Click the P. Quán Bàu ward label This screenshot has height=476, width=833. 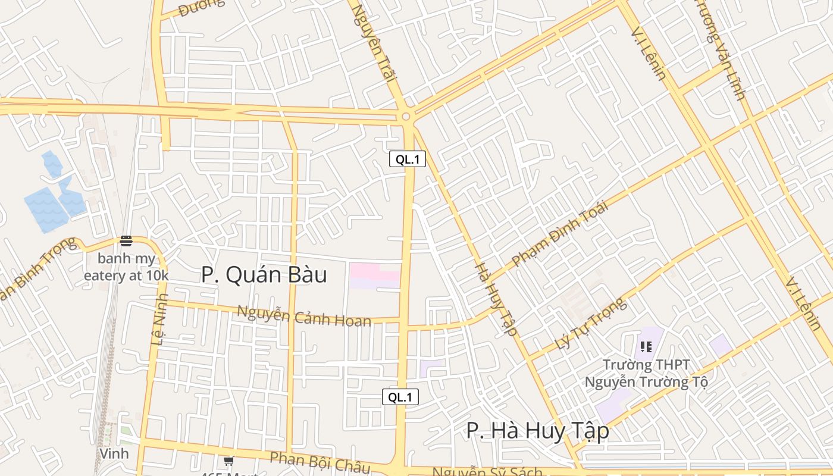(x=264, y=275)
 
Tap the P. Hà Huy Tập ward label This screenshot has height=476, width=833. (x=537, y=431)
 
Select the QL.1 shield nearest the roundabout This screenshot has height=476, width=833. (x=408, y=159)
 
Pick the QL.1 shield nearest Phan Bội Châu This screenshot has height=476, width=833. (x=400, y=397)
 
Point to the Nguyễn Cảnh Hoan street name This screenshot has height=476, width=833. (x=304, y=315)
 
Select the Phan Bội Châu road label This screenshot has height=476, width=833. (x=320, y=462)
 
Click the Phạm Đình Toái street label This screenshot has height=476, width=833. (x=559, y=234)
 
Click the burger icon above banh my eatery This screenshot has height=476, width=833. (x=126, y=241)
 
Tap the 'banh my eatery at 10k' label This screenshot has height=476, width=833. (x=126, y=268)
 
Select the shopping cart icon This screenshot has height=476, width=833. (x=228, y=461)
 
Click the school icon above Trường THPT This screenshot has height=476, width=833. (x=646, y=346)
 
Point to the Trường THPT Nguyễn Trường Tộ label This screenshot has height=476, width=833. (x=646, y=373)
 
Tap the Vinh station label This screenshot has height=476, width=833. (x=114, y=453)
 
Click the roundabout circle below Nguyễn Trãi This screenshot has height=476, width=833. (x=406, y=117)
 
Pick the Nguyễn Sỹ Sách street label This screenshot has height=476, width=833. (x=487, y=472)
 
